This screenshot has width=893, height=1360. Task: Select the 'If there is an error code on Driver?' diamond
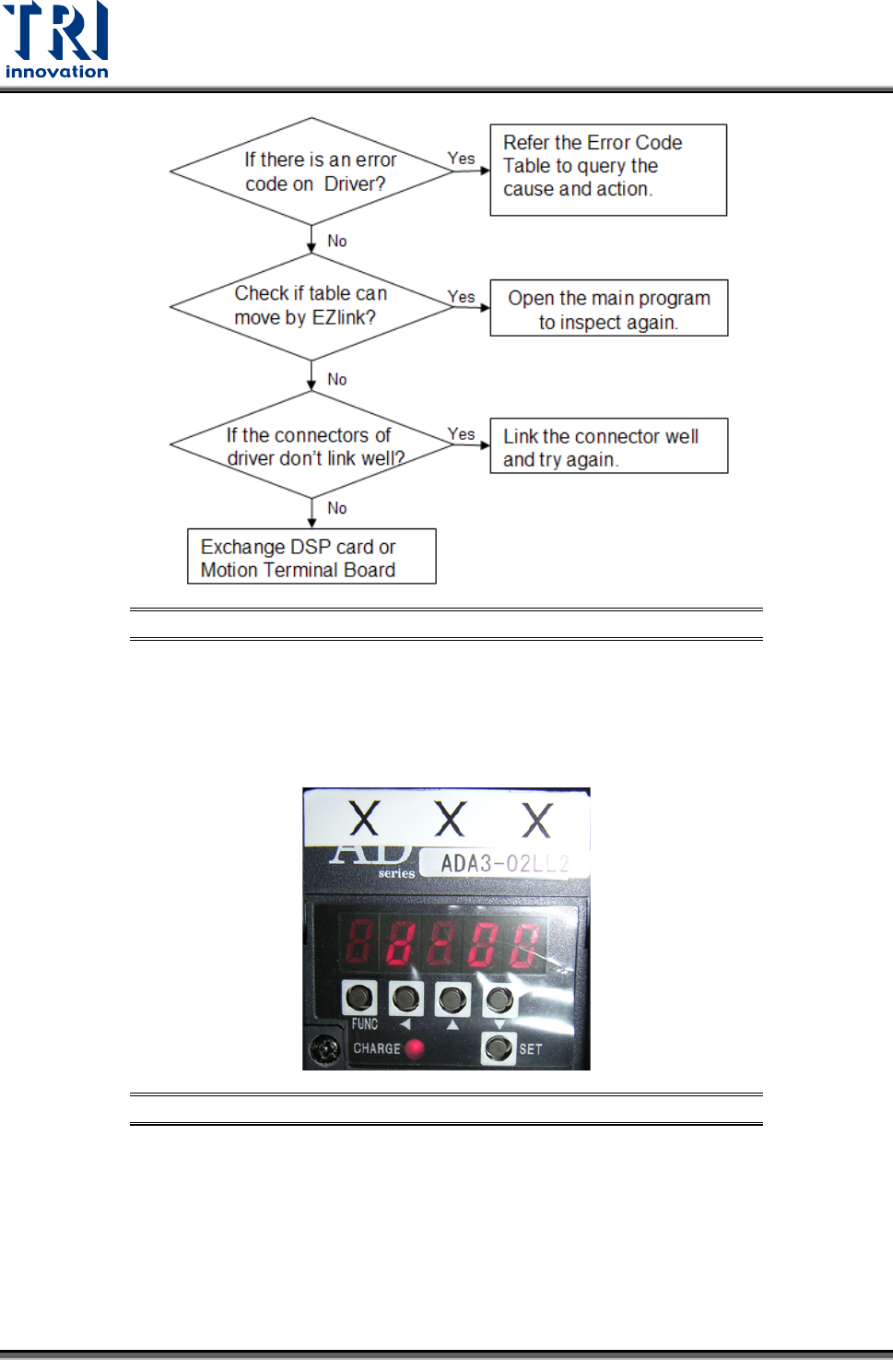coord(311,171)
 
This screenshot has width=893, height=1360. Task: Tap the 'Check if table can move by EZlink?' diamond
coord(311,305)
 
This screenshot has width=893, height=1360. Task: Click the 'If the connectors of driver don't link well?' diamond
coord(311,445)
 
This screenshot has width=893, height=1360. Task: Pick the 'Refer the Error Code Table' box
coord(607,170)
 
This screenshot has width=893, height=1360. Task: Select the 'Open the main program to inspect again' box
coord(608,308)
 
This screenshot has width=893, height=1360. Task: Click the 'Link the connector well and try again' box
coord(608,446)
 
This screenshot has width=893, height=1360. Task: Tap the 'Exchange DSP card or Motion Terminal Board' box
coord(311,556)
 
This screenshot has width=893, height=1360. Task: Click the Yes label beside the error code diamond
coord(461,159)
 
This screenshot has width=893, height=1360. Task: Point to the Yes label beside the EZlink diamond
coord(461,297)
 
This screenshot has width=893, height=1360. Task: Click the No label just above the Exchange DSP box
coord(337,508)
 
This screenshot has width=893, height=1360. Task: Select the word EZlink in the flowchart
coord(343,318)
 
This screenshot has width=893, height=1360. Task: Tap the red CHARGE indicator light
coord(415,1048)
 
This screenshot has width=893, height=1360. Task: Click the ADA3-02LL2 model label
coord(503,864)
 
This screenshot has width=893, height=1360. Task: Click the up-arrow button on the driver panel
coord(452,999)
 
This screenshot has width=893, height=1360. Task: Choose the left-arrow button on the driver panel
coord(405,998)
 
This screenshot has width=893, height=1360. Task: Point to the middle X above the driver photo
coord(450,819)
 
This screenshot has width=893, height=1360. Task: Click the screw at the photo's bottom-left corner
coord(324,1049)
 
